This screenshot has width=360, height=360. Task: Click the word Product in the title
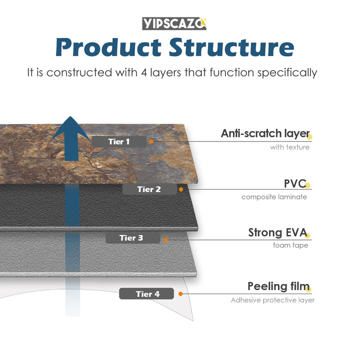(x=108, y=47)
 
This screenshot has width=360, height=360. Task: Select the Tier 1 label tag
(x=119, y=141)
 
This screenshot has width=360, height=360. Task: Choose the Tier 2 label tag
(x=149, y=189)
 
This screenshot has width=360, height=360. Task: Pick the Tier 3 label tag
(x=131, y=238)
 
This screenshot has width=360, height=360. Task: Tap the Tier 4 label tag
(x=147, y=294)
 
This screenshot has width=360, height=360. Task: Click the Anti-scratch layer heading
(x=265, y=133)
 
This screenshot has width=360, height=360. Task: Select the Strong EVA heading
(x=277, y=232)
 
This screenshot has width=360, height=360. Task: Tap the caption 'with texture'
(x=289, y=147)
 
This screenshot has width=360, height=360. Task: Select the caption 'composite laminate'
(x=274, y=196)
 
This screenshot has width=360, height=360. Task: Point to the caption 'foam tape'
(x=290, y=245)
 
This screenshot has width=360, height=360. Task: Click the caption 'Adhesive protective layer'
(x=272, y=300)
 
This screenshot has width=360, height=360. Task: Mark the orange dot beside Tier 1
(x=151, y=141)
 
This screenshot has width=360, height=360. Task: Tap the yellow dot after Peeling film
(x=308, y=288)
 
